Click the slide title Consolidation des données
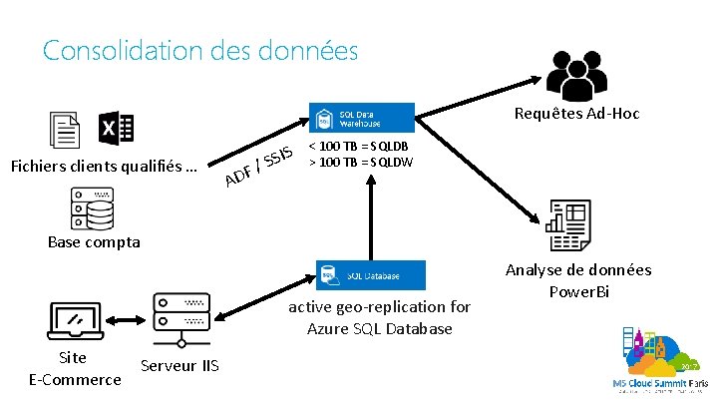pyautogui.click(x=199, y=50)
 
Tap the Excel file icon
pyautogui.click(x=116, y=130)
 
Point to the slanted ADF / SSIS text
pyautogui.click(x=258, y=166)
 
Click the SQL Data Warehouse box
pyautogui.click(x=361, y=118)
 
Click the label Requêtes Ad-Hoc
pyautogui.click(x=576, y=114)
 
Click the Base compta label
pyautogui.click(x=94, y=241)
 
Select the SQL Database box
pyautogui.click(x=370, y=275)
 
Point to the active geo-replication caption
pyautogui.click(x=379, y=317)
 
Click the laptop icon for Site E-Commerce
pyautogui.click(x=75, y=319)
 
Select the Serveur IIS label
pyautogui.click(x=180, y=365)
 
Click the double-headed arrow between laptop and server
pyautogui.click(x=128, y=320)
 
